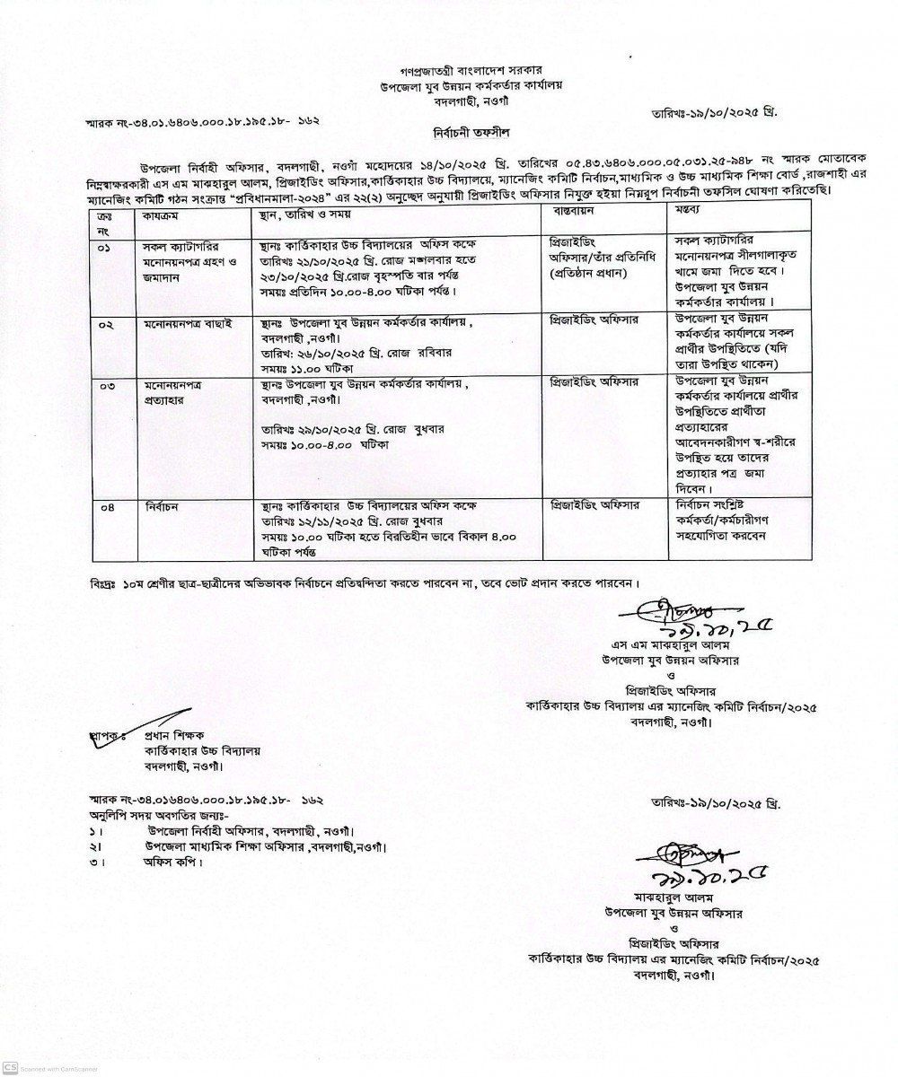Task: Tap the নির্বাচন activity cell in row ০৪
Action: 164,507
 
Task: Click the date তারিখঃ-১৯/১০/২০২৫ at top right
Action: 714,114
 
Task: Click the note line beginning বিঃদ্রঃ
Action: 366,582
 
